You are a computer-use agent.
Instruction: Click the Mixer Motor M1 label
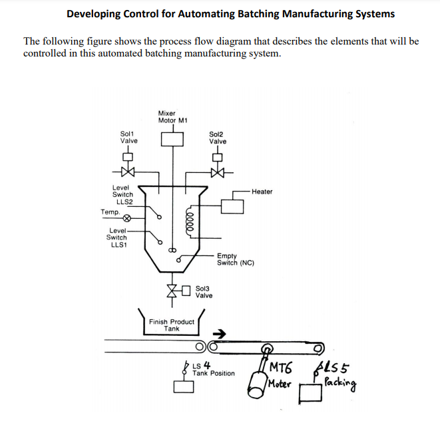click(x=172, y=116)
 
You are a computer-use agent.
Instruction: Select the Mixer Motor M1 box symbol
click(x=172, y=138)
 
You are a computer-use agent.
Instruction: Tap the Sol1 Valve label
click(x=128, y=137)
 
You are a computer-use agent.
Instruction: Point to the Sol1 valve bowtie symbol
click(x=128, y=172)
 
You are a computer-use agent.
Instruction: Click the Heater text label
click(x=262, y=192)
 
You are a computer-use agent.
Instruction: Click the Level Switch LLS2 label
click(x=122, y=194)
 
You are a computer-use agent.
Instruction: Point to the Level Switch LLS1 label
click(x=117, y=237)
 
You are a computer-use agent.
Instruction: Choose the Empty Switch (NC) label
click(x=235, y=259)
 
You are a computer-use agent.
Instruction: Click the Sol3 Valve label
click(x=204, y=292)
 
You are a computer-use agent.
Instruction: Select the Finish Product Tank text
click(x=172, y=325)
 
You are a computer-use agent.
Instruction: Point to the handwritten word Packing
click(x=341, y=382)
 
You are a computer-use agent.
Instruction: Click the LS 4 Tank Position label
click(x=212, y=369)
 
